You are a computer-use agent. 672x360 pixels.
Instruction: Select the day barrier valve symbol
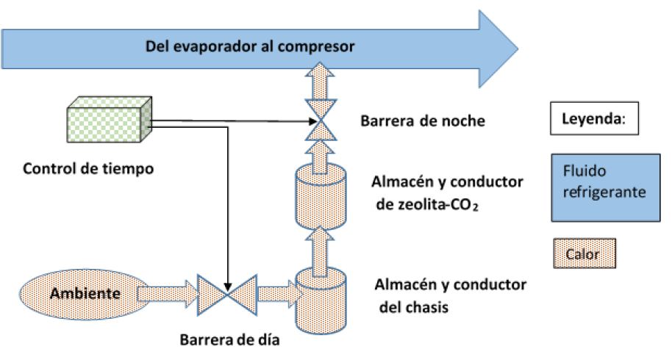(x=228, y=294)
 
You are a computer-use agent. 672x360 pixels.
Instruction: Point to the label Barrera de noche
(x=423, y=120)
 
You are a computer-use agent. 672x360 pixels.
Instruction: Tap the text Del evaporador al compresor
(x=250, y=47)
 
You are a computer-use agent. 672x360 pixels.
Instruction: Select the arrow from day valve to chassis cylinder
(x=275, y=294)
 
